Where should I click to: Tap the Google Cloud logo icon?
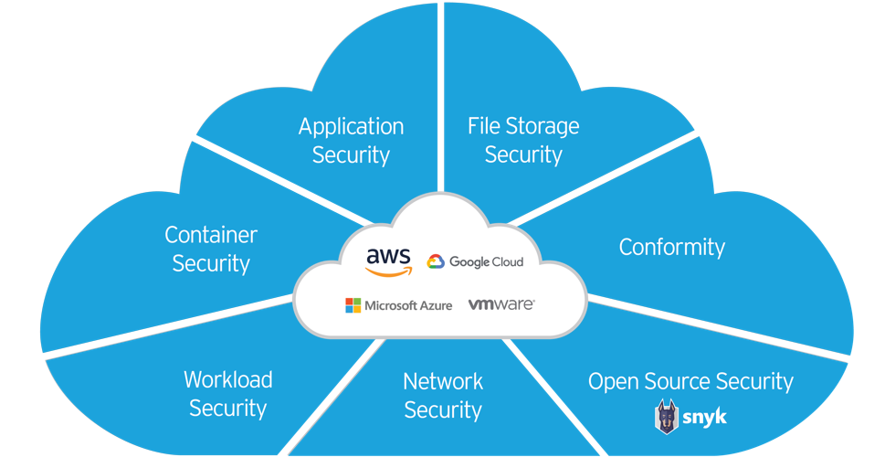point(436,262)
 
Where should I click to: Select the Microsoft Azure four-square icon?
point(353,305)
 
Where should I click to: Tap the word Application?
point(351,127)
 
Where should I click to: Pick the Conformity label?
point(671,247)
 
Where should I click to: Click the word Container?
point(211,235)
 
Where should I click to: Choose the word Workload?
point(227,379)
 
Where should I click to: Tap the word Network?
point(443,381)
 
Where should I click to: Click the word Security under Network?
point(443,410)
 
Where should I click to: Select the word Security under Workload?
point(227,409)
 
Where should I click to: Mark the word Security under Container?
point(211,264)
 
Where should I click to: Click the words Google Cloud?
point(486,262)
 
